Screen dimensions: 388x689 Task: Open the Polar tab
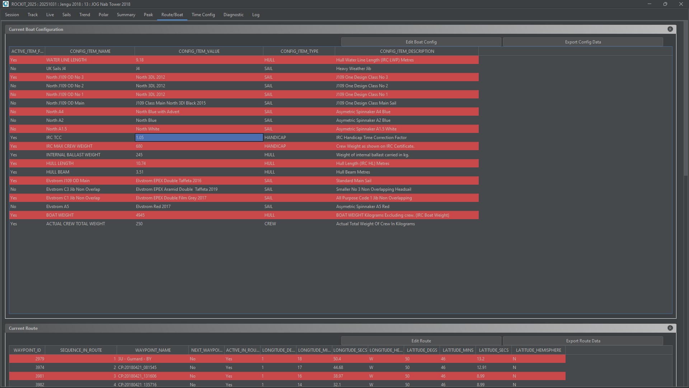103,15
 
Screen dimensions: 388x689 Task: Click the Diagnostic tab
233,15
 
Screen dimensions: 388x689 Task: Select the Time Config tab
203,15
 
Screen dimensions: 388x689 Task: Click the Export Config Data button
583,42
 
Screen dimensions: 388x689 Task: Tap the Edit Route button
421,341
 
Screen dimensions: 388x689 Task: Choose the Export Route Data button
583,341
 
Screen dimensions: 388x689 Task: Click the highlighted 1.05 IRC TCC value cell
199,138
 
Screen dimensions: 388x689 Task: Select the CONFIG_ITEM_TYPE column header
299,51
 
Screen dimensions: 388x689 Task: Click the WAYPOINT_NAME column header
153,350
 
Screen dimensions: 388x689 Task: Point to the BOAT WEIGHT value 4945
140,215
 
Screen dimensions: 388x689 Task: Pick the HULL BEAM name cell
58,172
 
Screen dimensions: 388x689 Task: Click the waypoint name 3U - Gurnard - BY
135,359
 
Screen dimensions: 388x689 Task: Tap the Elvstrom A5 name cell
57,207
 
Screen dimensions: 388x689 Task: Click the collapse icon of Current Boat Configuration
670,29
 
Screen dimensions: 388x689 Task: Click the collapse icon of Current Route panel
670,328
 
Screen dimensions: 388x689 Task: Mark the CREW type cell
270,224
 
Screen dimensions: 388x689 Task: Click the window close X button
681,4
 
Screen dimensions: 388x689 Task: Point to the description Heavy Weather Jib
353,69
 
